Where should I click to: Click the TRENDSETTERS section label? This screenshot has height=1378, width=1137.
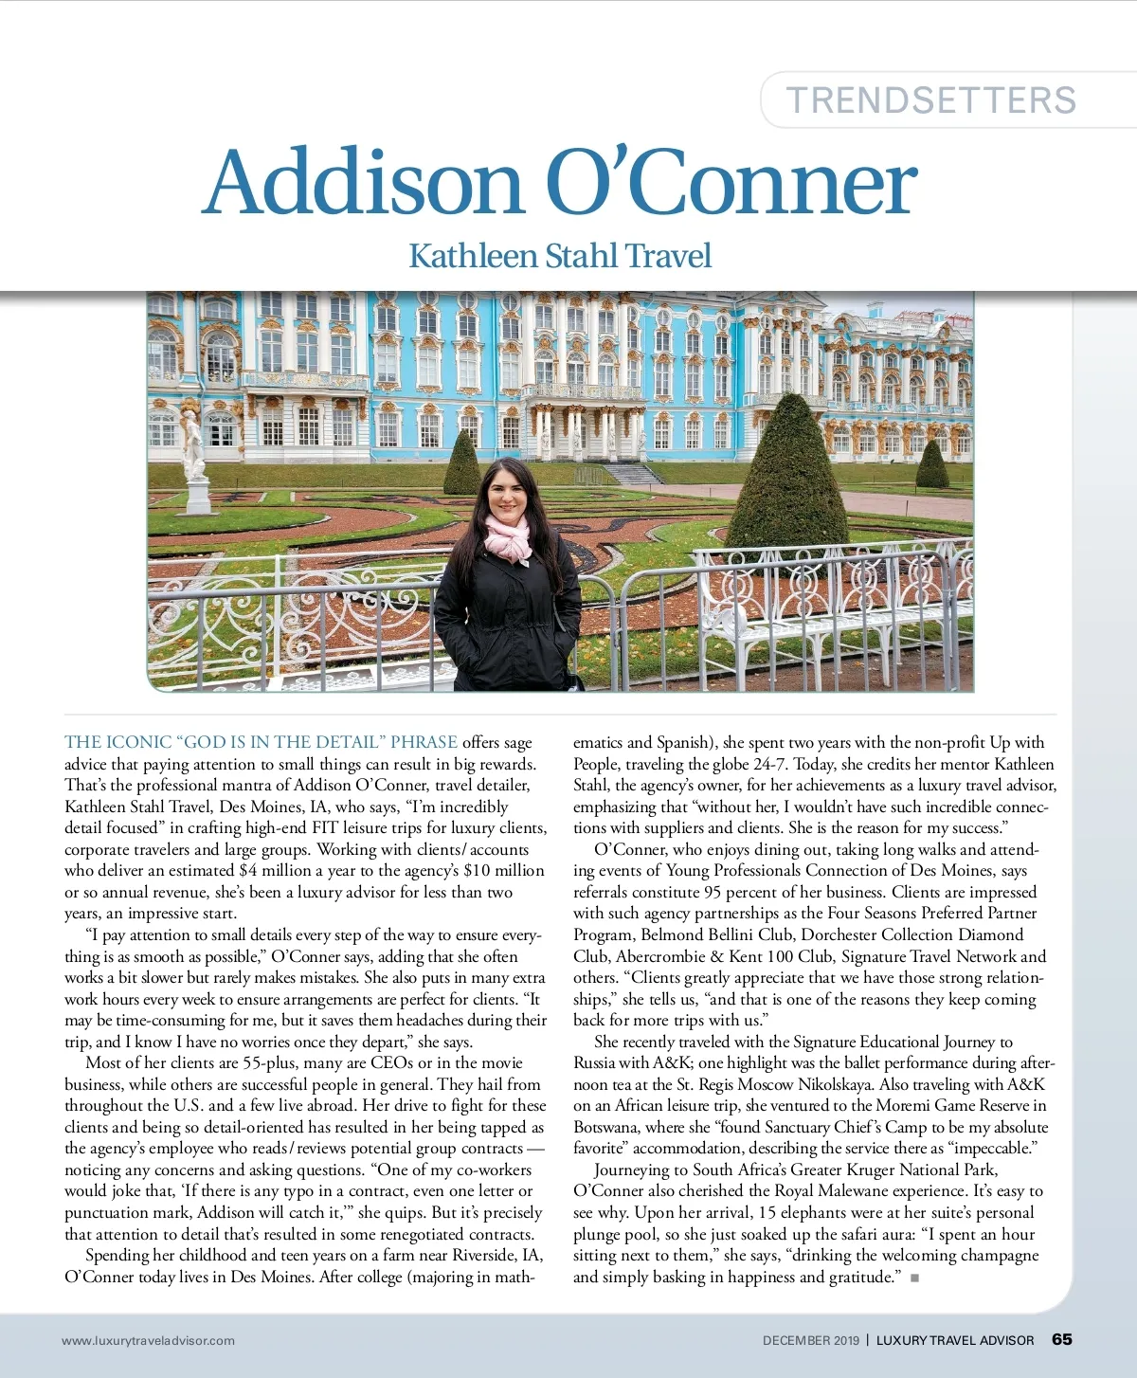(x=931, y=100)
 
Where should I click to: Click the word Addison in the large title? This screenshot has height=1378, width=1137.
(x=364, y=183)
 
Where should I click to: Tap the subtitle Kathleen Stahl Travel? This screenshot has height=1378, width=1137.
(x=560, y=256)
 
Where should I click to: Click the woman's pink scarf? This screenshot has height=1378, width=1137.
(x=508, y=536)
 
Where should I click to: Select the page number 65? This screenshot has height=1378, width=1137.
(x=1062, y=1339)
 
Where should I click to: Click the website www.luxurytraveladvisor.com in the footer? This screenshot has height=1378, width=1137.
(x=148, y=1340)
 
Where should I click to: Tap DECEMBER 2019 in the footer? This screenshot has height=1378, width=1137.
(x=811, y=1340)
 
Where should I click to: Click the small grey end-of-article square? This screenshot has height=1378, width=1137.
(x=915, y=1278)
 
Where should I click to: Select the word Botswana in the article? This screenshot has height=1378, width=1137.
(x=607, y=1127)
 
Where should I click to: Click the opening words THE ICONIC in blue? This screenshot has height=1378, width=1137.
(x=118, y=742)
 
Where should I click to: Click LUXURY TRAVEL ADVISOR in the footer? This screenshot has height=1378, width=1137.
(x=955, y=1340)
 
